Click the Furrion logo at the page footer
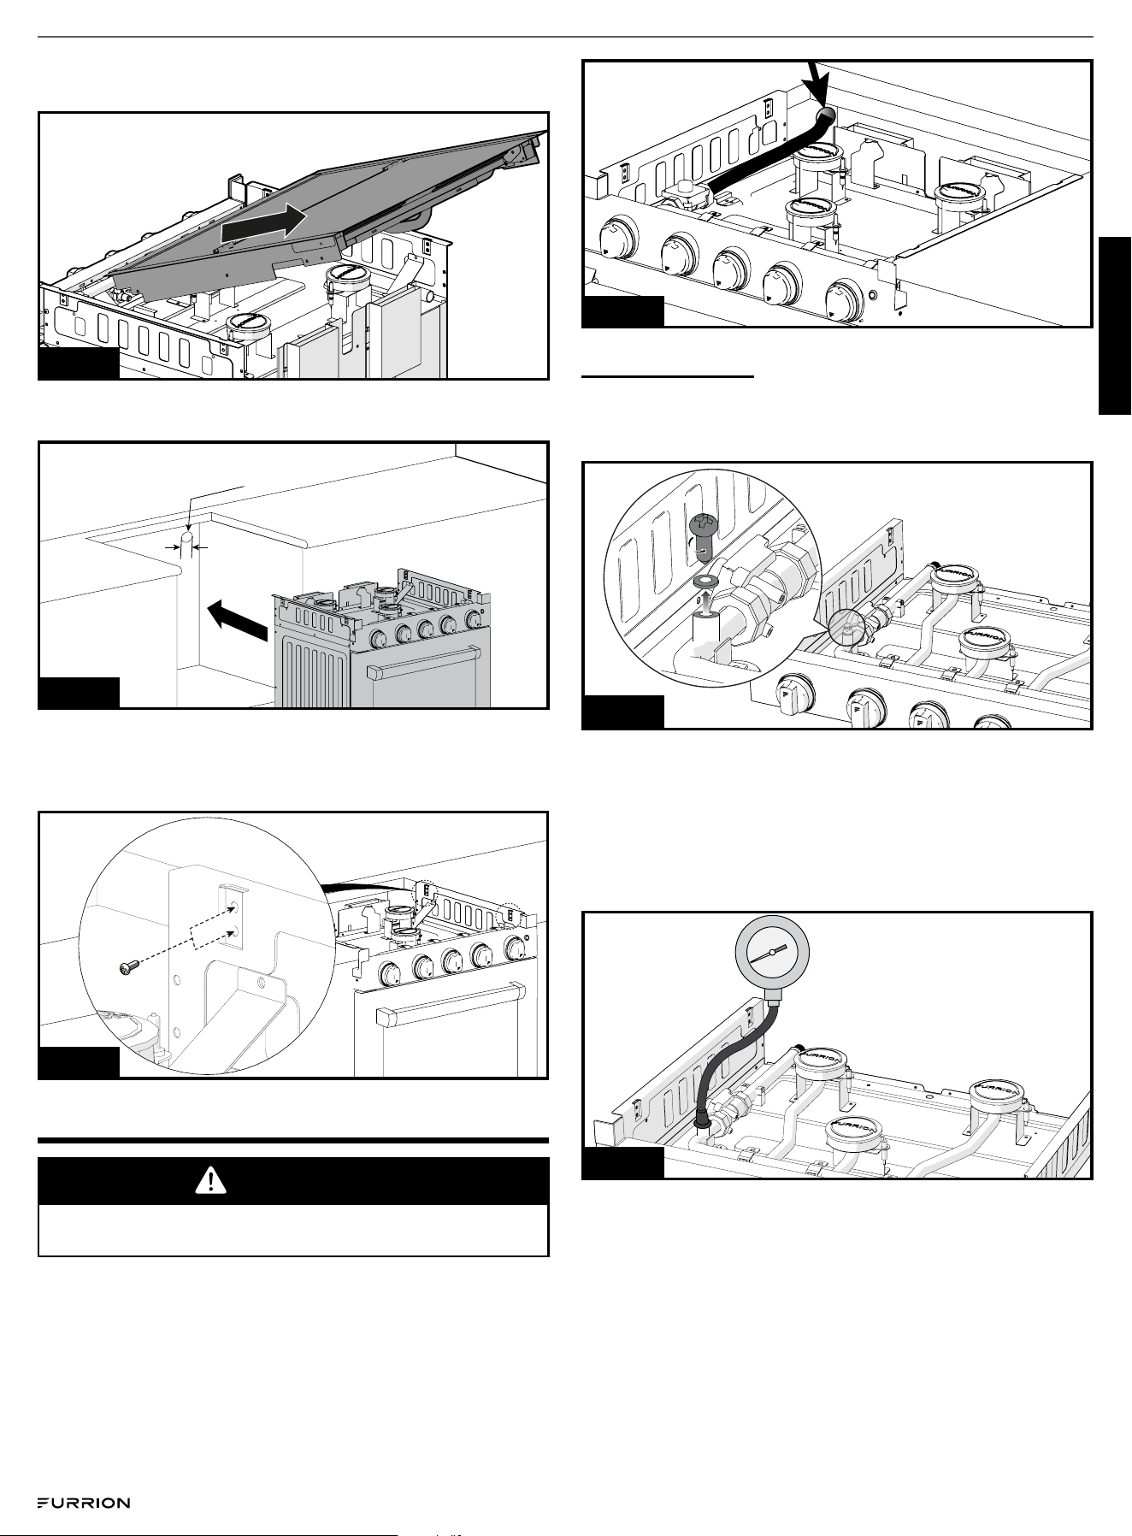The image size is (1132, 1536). [83, 1503]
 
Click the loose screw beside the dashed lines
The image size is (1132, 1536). [130, 966]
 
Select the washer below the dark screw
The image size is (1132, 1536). [705, 581]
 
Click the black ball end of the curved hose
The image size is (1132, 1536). [827, 116]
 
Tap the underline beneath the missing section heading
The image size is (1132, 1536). [668, 375]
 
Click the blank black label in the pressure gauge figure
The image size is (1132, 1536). [622, 1163]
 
